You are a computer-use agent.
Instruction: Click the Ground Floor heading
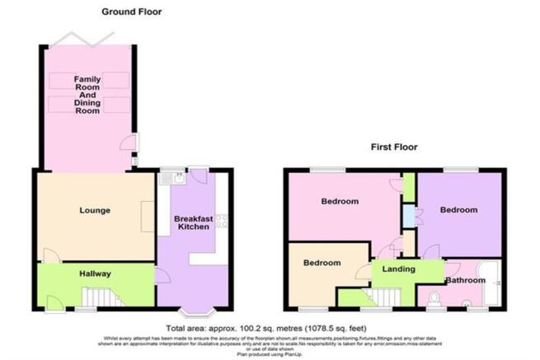[x=132, y=12]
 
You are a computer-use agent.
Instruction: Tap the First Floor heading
[x=394, y=147]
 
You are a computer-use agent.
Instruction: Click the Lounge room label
[x=96, y=211]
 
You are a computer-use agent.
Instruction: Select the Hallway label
[x=95, y=274]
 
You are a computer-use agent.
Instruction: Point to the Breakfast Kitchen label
[x=194, y=225]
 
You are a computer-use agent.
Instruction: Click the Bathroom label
[x=467, y=280]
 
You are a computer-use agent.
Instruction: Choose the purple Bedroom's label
[x=458, y=210]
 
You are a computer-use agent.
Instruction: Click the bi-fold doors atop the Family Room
[x=82, y=38]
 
